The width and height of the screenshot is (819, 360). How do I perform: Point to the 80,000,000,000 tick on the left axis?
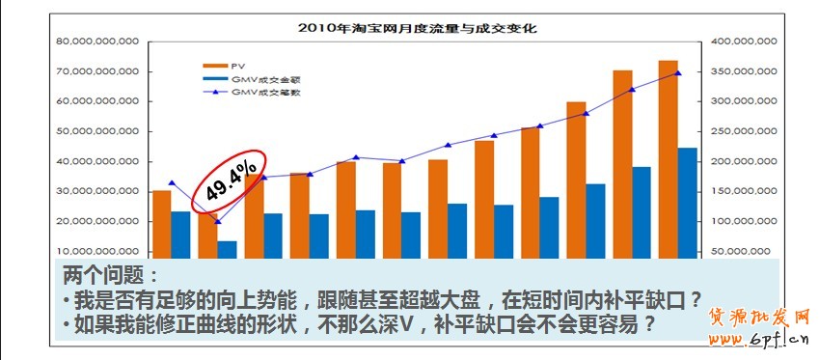(98, 42)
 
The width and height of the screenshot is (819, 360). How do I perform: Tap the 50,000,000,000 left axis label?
(98, 131)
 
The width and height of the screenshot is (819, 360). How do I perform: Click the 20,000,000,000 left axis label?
(98, 222)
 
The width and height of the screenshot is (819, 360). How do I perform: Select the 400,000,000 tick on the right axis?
(744, 42)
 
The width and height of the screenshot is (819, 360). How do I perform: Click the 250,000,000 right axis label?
(744, 131)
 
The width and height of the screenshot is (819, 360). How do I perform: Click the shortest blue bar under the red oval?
(227, 248)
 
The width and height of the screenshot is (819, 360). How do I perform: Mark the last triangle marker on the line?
(677, 73)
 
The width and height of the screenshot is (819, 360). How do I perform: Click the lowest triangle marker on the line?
(217, 222)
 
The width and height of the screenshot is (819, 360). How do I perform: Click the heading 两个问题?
(108, 275)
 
